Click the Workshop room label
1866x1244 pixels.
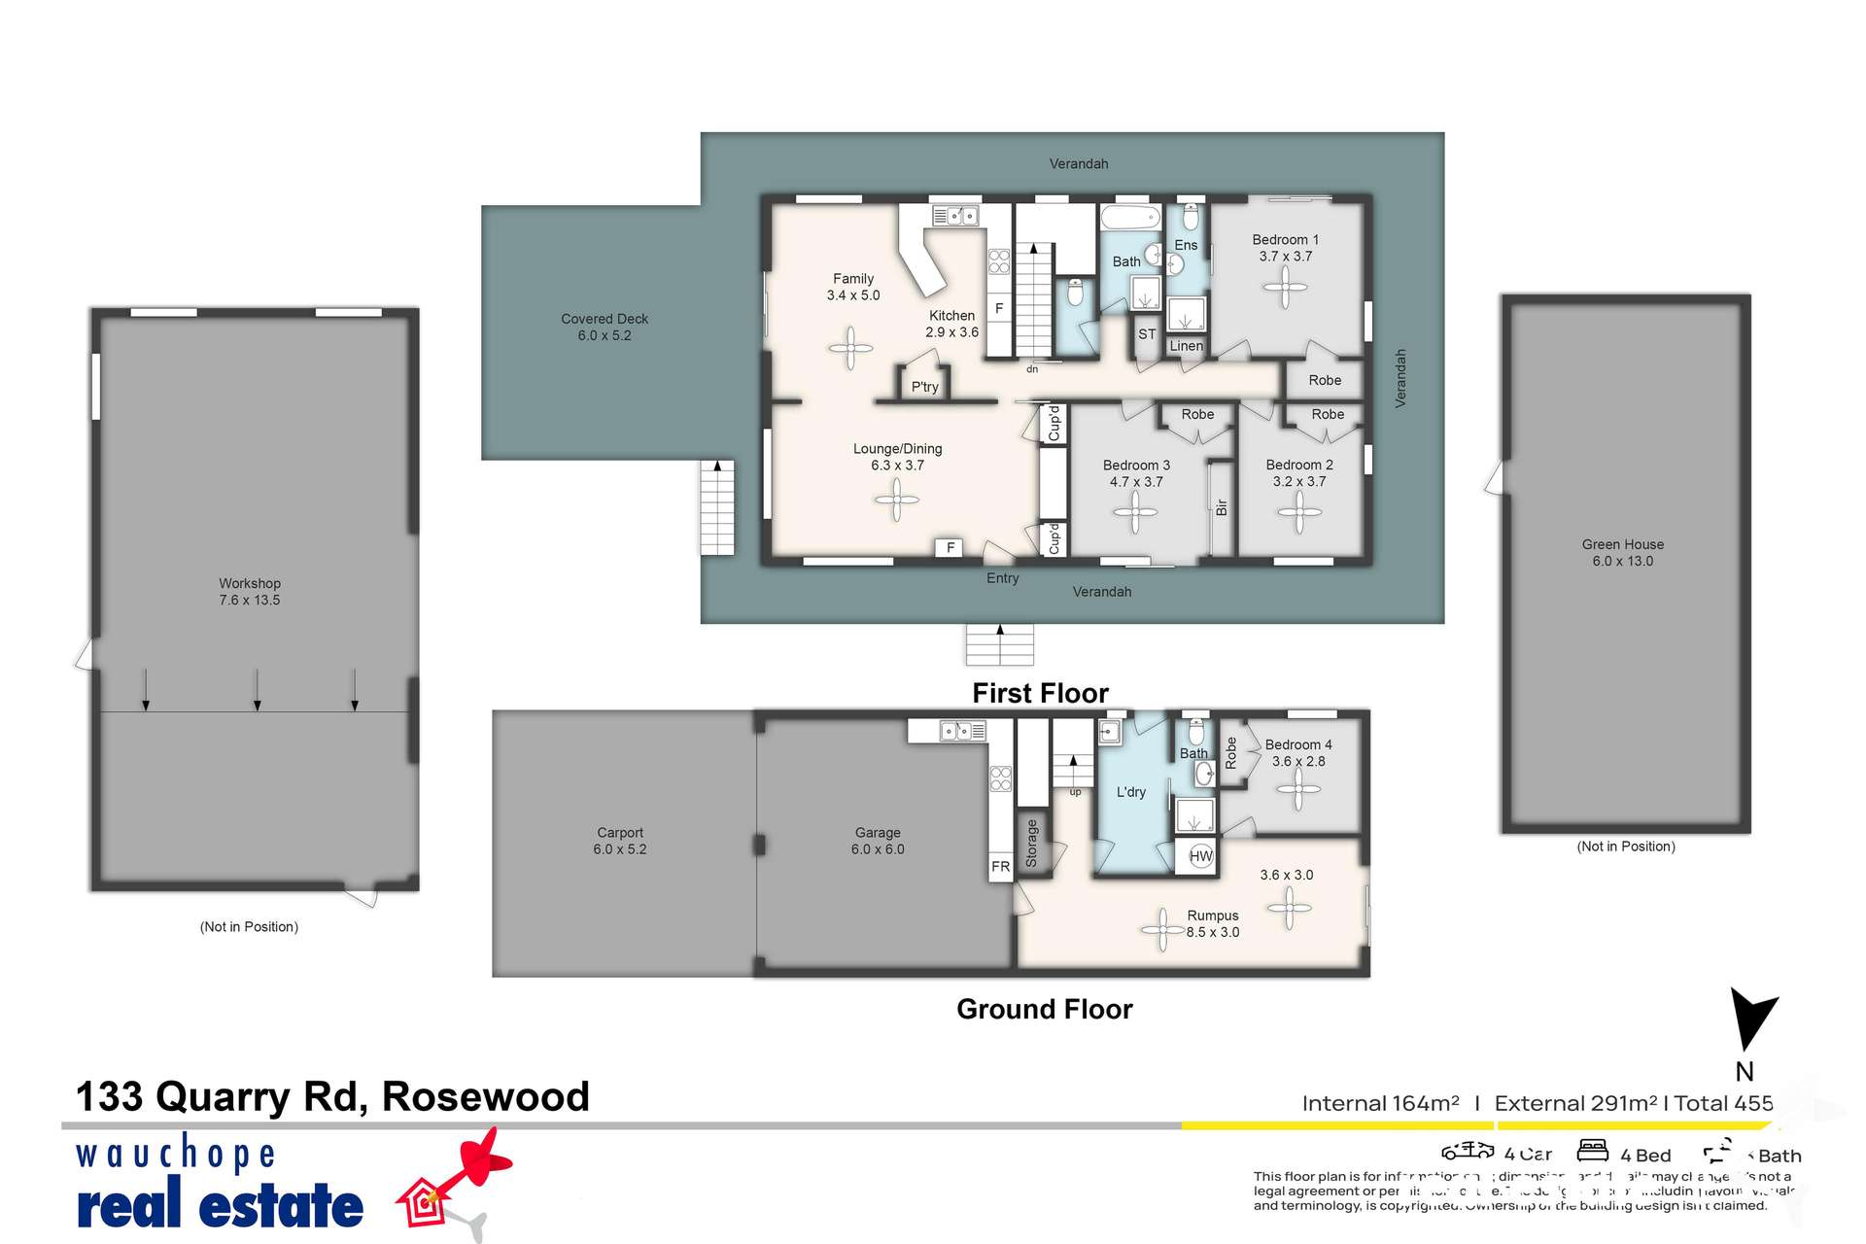250,591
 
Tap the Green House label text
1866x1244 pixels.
1622,552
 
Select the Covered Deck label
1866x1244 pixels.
605,327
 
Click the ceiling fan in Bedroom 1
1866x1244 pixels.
1285,287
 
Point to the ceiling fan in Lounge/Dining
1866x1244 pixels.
896,501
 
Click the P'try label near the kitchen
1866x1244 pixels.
924,387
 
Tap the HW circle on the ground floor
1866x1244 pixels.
1201,856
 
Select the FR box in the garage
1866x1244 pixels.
1000,867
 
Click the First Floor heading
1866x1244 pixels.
1040,693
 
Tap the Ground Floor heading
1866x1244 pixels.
1044,1009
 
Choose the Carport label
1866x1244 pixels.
620,841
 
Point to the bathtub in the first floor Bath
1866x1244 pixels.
1130,216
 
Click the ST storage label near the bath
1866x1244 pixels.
1147,334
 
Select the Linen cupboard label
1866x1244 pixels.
1186,346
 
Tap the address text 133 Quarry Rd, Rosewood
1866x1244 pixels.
332,1096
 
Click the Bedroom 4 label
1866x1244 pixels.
1297,752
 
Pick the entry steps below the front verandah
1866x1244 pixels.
999,644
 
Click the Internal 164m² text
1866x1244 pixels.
1380,1103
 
